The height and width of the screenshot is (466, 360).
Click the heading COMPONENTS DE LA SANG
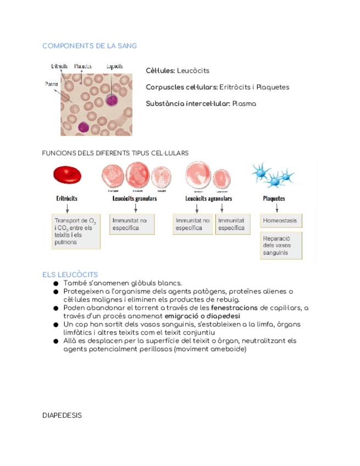click(x=90, y=46)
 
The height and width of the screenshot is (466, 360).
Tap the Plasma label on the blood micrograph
click(x=52, y=84)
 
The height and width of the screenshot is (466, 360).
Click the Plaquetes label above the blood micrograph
click(x=82, y=66)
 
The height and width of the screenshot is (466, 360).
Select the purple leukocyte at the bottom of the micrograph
click(x=83, y=127)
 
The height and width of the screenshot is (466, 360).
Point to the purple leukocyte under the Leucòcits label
click(x=112, y=101)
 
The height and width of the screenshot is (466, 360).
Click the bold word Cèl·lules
click(x=160, y=71)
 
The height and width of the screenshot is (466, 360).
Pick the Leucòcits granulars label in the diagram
click(x=135, y=198)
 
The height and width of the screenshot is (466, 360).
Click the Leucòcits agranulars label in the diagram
click(x=208, y=198)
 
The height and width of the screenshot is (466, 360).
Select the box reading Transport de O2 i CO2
click(x=76, y=231)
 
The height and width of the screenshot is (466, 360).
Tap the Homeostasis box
click(x=281, y=221)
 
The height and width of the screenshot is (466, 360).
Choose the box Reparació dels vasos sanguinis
click(x=281, y=246)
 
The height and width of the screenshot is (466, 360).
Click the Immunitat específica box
click(x=232, y=224)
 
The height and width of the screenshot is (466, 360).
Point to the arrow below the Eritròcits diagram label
click(x=67, y=208)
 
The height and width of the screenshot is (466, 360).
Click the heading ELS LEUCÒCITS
click(x=70, y=274)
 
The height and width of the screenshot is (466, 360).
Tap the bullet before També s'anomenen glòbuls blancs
click(x=56, y=283)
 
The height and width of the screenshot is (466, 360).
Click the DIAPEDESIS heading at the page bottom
click(x=62, y=415)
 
